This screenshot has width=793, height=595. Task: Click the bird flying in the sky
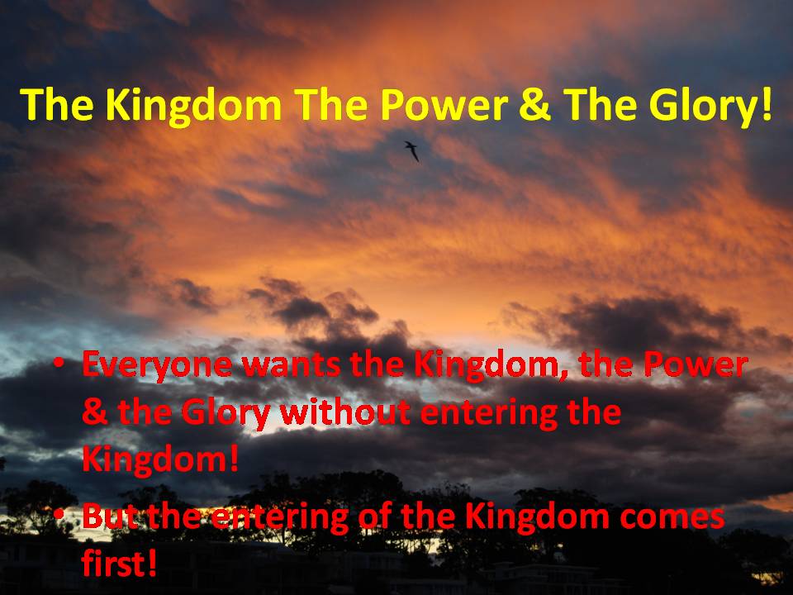click(x=412, y=150)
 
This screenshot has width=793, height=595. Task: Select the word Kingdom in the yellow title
click(x=193, y=105)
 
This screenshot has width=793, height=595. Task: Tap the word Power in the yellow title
click(x=444, y=105)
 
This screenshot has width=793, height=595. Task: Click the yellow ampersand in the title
click(x=535, y=105)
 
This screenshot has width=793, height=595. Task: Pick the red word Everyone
click(x=157, y=366)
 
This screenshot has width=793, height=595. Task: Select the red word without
click(x=345, y=412)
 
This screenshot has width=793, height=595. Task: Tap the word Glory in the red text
click(x=226, y=414)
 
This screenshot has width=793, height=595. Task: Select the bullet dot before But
click(x=59, y=513)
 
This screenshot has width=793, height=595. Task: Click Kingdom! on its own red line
click(x=159, y=460)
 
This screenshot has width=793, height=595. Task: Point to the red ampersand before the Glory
click(x=94, y=412)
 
